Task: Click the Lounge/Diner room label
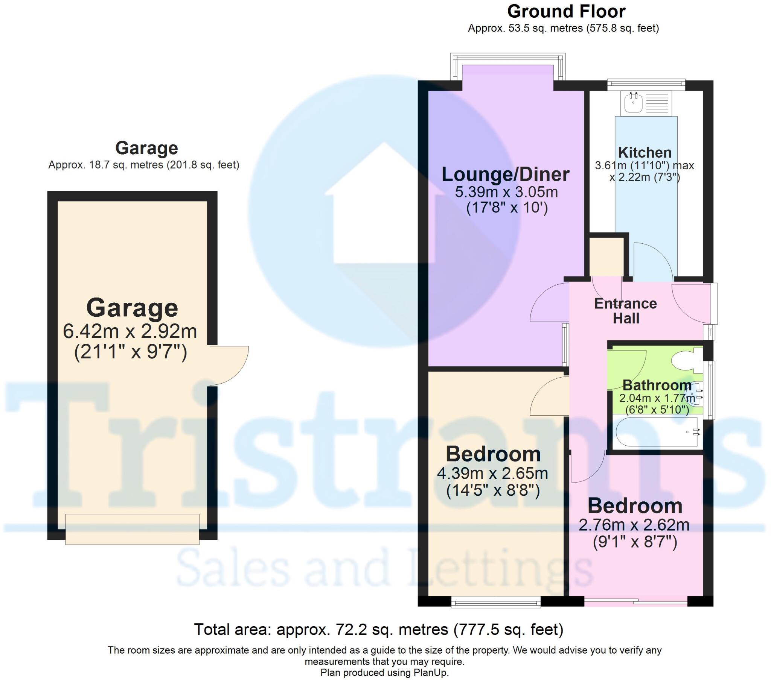(506, 175)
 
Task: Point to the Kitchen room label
(645, 153)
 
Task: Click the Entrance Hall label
(626, 311)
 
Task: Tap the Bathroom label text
(657, 385)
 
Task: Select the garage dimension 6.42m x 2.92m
(130, 332)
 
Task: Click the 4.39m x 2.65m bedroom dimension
(492, 474)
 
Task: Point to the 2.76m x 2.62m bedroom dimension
(634, 525)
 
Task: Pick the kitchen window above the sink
(646, 84)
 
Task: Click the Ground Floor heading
(566, 12)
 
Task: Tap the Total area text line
(378, 630)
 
